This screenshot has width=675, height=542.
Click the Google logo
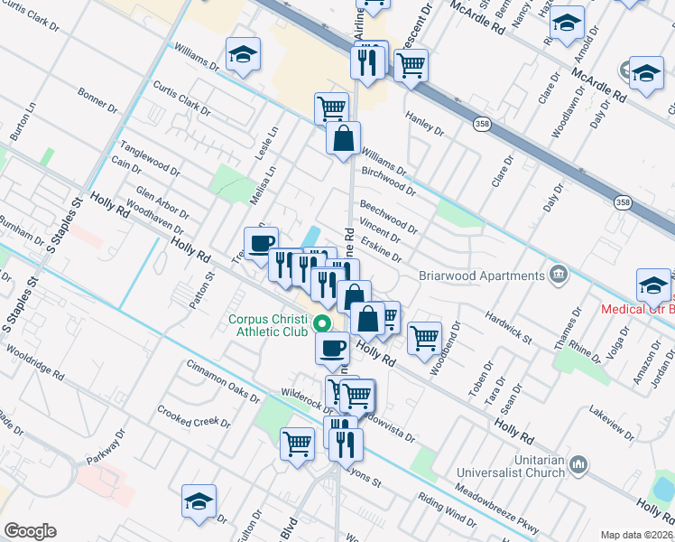click(x=30, y=531)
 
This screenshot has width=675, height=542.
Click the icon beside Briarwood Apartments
click(x=559, y=272)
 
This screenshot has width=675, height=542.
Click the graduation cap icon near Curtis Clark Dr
click(x=243, y=55)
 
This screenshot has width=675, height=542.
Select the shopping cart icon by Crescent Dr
click(x=411, y=65)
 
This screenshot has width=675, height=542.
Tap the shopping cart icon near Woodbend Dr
click(x=423, y=339)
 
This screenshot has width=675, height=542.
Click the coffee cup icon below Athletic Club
click(x=332, y=346)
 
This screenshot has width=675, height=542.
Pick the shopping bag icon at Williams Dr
click(x=343, y=139)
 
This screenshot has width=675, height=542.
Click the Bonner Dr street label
click(x=97, y=99)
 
